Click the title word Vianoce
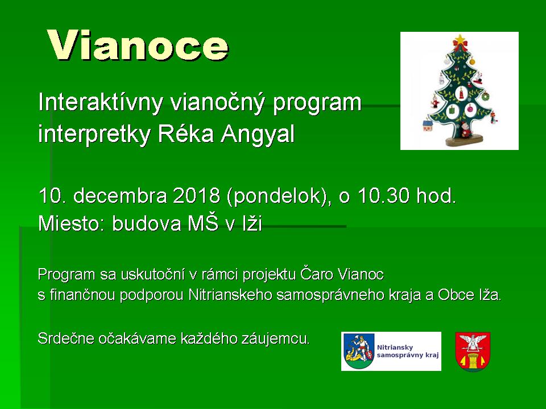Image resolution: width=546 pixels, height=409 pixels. tap(138, 46)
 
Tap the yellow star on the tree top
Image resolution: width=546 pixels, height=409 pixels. tap(460, 39)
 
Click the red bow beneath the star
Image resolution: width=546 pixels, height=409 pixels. tap(460, 46)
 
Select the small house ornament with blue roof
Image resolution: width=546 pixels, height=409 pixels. tap(427, 125)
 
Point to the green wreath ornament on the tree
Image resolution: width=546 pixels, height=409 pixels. tap(485, 96)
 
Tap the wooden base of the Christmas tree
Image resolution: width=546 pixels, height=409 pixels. tap(465, 140)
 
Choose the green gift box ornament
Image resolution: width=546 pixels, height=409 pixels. tap(451, 111)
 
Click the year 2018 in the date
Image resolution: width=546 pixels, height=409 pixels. tap(196, 196)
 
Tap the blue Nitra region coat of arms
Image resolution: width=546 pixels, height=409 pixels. tap(359, 351)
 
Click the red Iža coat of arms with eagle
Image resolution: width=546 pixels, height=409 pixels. tap(473, 351)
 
